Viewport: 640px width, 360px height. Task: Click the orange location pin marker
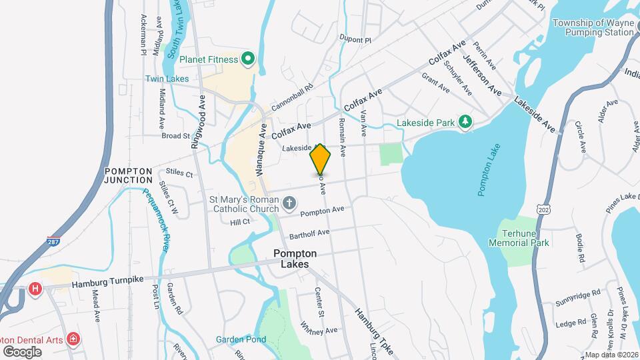click(x=320, y=159)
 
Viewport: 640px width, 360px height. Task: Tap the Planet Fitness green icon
click(x=248, y=59)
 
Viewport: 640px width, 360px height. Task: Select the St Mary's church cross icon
click(x=289, y=202)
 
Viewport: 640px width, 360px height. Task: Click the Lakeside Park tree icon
click(x=465, y=122)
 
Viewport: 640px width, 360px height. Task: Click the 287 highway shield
click(x=52, y=242)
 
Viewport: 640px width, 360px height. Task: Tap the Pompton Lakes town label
click(x=294, y=259)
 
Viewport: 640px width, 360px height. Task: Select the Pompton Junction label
click(x=129, y=176)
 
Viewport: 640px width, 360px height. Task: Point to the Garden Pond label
click(x=241, y=339)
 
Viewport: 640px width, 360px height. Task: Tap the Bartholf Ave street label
click(x=310, y=233)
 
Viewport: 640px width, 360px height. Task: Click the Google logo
click(x=22, y=351)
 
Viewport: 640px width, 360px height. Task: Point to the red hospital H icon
click(x=35, y=288)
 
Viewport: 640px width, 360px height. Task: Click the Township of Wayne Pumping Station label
click(x=593, y=27)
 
